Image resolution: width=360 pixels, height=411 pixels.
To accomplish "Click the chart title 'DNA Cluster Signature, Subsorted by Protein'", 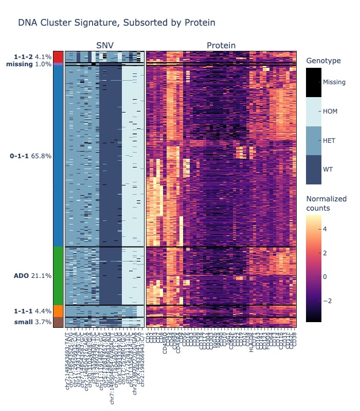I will click(116, 23).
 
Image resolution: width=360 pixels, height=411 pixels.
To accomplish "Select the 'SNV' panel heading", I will click(104, 46).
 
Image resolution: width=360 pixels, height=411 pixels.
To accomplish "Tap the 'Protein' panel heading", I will click(221, 46).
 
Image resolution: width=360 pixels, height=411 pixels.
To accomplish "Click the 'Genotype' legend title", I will click(323, 61).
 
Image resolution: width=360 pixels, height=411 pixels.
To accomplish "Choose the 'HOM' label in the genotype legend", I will click(330, 111).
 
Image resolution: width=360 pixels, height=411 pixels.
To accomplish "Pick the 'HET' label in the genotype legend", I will click(330, 140).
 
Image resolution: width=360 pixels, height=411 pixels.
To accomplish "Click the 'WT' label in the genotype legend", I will click(328, 169).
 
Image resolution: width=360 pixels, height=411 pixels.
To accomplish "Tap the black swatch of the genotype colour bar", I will click(314, 82).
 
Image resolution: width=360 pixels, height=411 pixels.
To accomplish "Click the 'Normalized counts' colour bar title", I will click(326, 203).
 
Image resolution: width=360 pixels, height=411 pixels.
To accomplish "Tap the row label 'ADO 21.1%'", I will click(32, 276).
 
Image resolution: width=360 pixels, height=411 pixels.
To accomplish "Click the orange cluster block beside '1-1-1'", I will click(58, 311).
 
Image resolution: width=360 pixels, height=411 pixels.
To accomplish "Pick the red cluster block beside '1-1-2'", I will click(58, 57).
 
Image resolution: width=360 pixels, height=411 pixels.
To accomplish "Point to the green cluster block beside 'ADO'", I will click(58, 276).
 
